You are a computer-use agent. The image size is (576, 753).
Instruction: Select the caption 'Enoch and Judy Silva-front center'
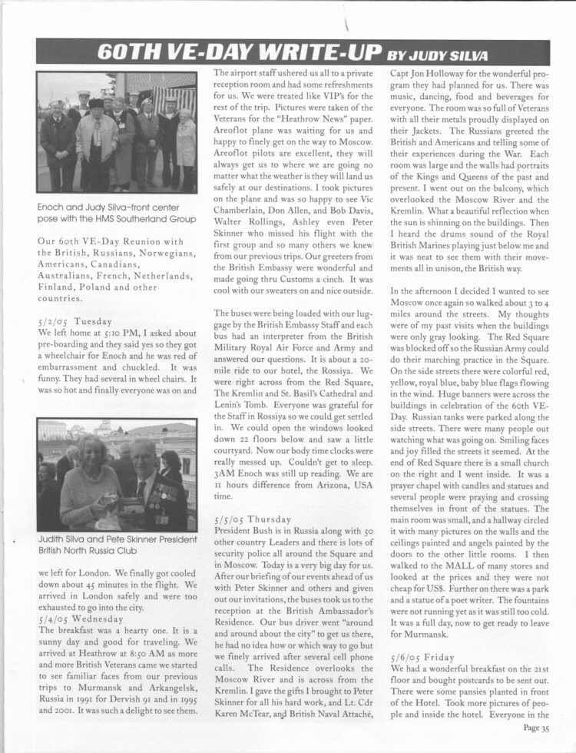[x=109, y=207]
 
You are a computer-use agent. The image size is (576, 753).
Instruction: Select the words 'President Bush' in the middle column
[x=245, y=531]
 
